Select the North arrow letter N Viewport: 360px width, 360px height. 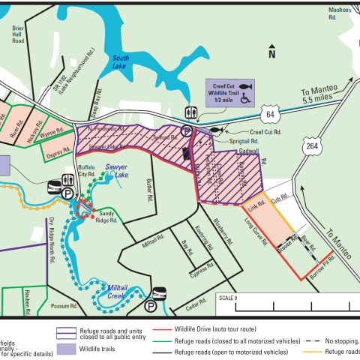(272, 53)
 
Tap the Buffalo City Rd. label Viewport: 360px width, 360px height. (79, 172)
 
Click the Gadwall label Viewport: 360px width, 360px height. (249, 151)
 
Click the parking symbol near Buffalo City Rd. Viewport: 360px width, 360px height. (68, 192)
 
